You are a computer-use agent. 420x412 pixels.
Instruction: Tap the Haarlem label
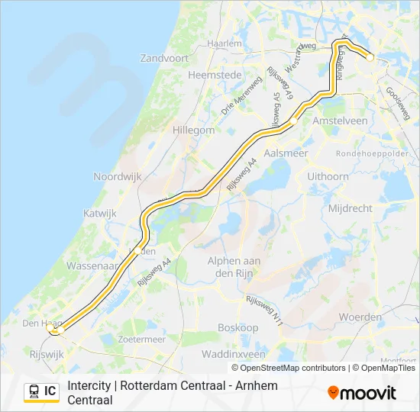point(225,44)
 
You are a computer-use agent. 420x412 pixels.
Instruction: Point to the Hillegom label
point(194,130)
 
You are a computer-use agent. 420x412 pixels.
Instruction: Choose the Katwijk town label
point(100,214)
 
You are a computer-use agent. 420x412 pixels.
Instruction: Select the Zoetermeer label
point(143,339)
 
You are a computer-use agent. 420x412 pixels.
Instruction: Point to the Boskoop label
point(237,327)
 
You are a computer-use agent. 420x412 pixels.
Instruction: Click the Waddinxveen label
point(234,355)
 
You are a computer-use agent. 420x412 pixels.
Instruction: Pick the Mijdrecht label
point(349,208)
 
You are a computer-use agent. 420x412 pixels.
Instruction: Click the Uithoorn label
point(327,176)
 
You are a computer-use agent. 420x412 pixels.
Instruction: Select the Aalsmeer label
point(285,153)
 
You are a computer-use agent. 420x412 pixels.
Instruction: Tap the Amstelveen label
point(340,121)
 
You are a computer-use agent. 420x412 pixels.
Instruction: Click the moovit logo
point(362,393)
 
